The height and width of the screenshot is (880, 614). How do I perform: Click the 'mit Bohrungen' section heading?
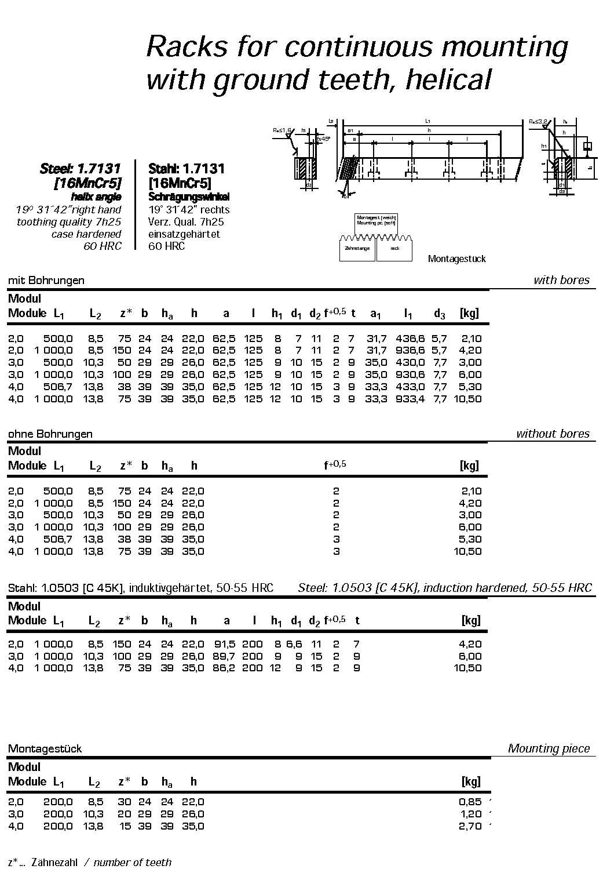tap(46, 281)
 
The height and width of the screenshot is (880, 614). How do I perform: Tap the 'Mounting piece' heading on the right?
tap(549, 748)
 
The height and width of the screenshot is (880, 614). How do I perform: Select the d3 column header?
tap(440, 314)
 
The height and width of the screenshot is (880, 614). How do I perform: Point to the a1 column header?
tap(376, 314)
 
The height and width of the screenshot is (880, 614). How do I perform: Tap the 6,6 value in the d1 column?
tap(294, 644)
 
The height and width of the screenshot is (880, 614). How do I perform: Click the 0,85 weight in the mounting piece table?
tap(470, 802)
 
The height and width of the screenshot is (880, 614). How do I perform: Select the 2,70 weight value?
tap(470, 826)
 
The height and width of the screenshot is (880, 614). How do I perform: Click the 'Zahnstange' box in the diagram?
tap(356, 249)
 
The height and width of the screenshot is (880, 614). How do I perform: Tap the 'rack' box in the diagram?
tap(394, 249)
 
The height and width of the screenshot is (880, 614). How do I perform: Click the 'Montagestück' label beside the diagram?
tap(456, 259)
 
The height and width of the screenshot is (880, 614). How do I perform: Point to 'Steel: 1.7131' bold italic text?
tap(80, 169)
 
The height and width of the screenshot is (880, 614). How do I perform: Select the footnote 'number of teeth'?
tap(133, 863)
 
